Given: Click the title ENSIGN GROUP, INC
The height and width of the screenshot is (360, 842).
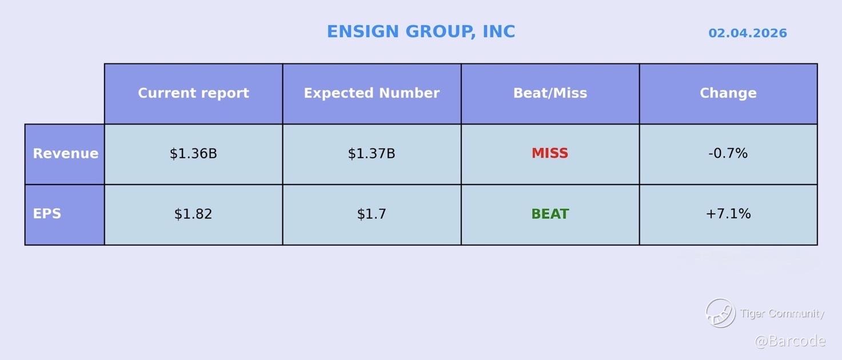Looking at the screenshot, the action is point(421,31).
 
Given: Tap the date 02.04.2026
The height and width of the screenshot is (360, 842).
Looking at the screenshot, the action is point(748,33).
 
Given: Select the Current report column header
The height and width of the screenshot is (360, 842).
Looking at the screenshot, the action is point(194,93).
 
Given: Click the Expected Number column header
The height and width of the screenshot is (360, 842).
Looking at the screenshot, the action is point(372,93).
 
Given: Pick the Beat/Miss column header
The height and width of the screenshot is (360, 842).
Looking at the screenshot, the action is point(550,93).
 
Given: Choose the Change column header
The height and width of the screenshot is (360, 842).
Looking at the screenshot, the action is point(728,93).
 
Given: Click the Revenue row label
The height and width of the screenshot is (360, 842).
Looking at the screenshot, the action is point(65,153).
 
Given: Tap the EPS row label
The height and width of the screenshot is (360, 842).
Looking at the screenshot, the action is point(47,214).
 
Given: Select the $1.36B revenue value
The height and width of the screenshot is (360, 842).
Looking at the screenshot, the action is point(193,153).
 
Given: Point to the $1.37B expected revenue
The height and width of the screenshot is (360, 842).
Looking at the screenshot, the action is point(372,153).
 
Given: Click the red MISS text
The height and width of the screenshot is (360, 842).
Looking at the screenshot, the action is point(550,153).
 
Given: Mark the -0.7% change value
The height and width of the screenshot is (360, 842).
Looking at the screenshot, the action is point(728,153).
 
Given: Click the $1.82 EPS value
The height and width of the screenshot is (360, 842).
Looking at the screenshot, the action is point(193,214).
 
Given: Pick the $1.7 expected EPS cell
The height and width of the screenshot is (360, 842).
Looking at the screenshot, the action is point(372,214).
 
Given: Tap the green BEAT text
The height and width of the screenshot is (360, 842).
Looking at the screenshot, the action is point(550,214).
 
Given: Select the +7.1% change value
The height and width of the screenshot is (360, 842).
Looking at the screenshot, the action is point(728,214).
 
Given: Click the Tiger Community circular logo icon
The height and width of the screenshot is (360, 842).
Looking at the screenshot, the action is point(721,313).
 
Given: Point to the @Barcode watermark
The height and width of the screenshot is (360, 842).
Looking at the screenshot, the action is point(790,341).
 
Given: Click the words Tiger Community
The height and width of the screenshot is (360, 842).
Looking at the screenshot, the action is point(782,313).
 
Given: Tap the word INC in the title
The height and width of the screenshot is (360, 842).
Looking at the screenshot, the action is point(499,31).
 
